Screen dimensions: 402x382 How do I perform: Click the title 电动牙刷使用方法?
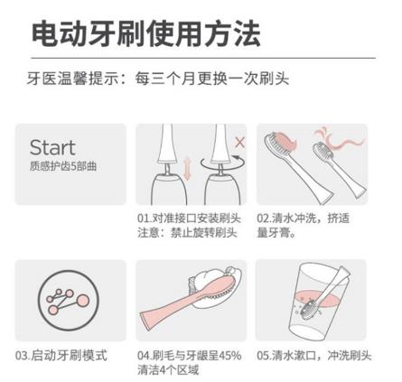pos(146,33)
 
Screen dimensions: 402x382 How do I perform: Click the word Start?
pos(52,147)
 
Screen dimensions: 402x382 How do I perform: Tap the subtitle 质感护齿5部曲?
pos(63,166)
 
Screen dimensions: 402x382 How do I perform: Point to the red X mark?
pos(239,142)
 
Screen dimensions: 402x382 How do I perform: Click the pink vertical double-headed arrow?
pos(187,170)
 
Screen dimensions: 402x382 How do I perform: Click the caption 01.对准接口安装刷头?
pos(189,219)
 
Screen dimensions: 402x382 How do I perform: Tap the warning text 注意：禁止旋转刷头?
pos(187,233)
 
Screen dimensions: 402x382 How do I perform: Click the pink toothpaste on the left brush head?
pos(285,141)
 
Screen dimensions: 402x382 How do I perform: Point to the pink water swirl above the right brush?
pos(341,140)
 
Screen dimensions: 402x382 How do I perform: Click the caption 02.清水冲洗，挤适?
pos(304,219)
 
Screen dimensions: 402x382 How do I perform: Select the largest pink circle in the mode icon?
pos(82,301)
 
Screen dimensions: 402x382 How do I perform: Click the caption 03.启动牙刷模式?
pos(61,355)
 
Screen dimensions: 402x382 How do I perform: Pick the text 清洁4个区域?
pos(168,369)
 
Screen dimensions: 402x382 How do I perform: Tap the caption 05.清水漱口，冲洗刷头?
pos(314,356)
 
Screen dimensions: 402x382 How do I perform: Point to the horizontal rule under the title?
pos(203,58)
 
